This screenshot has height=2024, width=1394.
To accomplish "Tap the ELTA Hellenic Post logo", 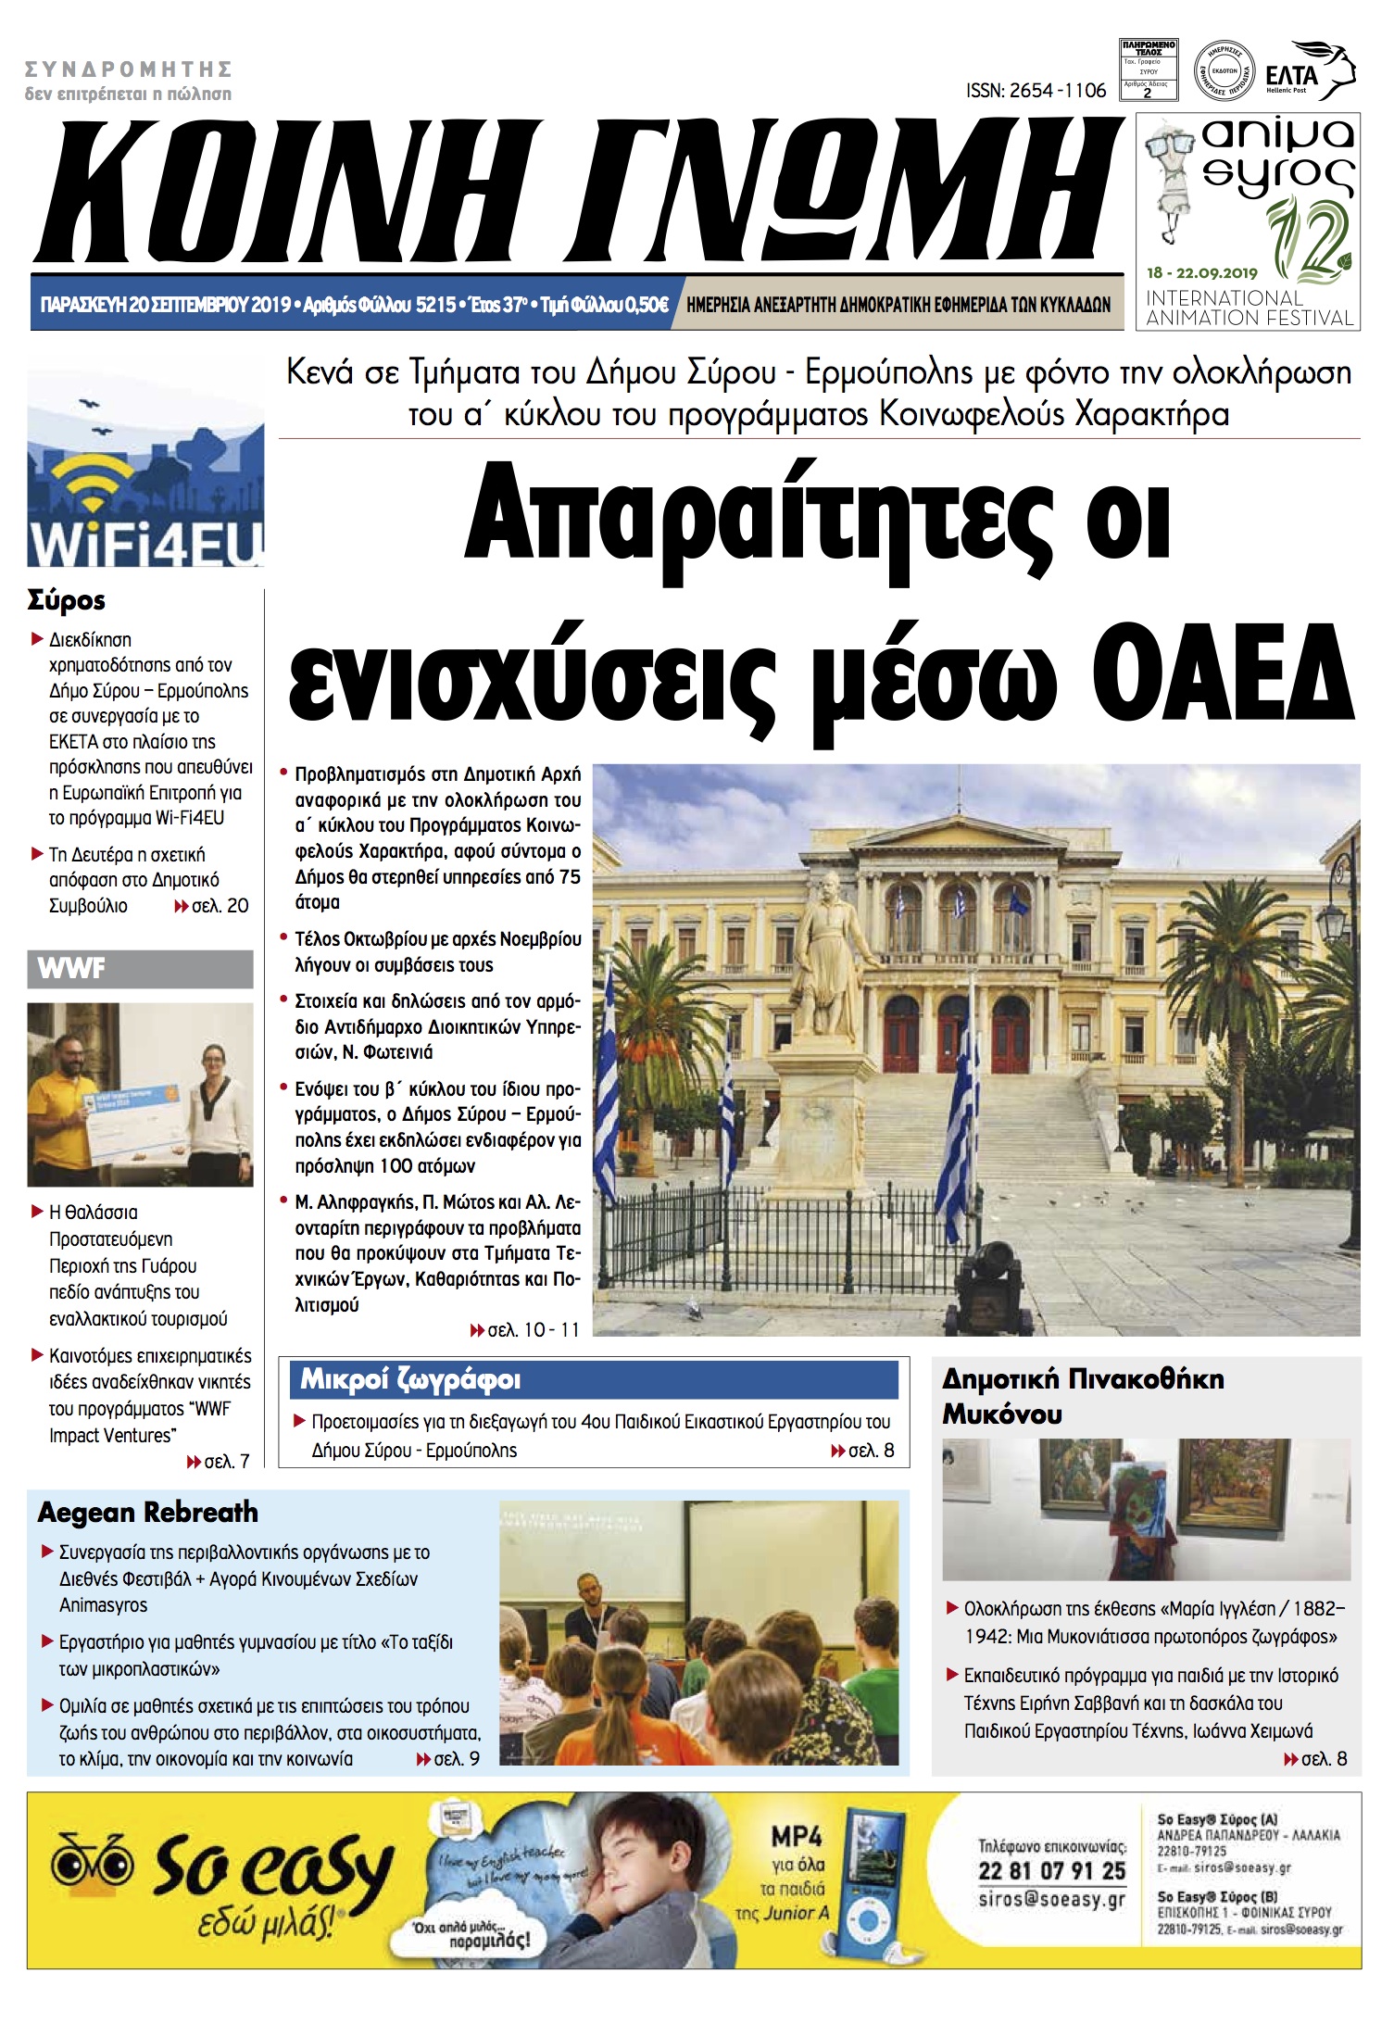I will tap(1310, 71).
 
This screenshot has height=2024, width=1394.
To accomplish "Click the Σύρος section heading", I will tap(67, 600).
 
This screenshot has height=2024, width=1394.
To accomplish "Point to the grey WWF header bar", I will tap(140, 969).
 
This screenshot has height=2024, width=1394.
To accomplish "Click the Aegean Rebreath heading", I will tap(148, 1513).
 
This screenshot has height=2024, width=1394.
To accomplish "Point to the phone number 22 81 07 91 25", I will tap(1051, 1872).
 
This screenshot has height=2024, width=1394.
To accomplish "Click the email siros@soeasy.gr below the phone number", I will tap(1051, 1900).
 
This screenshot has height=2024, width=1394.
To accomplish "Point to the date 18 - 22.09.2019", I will tap(1201, 272).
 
